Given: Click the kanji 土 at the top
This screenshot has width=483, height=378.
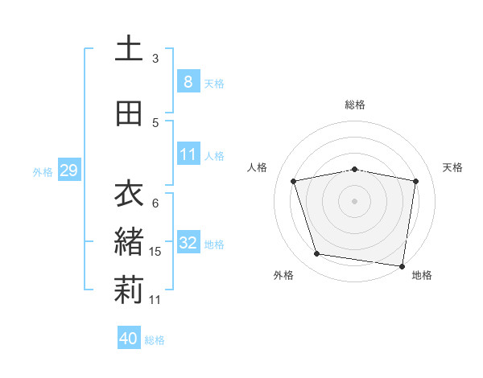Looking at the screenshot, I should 128,48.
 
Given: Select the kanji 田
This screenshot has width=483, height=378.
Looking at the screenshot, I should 128,113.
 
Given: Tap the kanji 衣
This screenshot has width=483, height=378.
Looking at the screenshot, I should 128,194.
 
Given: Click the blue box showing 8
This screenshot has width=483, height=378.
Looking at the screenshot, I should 188,82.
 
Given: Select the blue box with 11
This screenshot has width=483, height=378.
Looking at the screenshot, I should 188,155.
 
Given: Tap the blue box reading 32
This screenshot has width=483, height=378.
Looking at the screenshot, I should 188,243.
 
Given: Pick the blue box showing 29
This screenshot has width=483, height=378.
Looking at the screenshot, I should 68,171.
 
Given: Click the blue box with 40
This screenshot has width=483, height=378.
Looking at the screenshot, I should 128,339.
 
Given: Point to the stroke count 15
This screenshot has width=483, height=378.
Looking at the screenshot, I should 156,252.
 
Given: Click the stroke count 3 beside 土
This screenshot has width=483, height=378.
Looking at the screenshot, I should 155,59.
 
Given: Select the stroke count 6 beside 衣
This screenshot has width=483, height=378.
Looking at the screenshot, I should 155,203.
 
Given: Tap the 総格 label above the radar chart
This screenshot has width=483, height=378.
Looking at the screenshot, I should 355,105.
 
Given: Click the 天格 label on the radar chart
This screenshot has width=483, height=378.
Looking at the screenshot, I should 453,167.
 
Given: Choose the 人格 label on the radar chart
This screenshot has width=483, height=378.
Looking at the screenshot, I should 258,167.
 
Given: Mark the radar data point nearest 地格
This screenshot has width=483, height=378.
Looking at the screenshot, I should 402,265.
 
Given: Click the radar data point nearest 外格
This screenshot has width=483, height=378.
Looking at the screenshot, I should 317,254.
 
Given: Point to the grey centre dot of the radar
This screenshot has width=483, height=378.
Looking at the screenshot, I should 355,200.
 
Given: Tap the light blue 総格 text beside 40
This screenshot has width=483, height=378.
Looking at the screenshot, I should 155,340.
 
